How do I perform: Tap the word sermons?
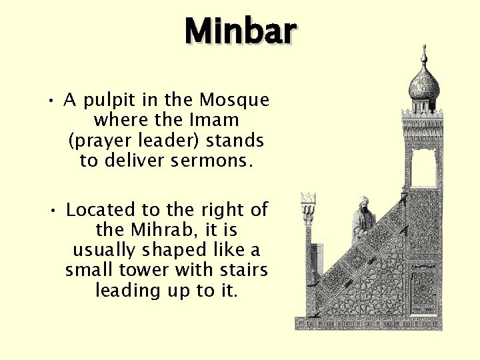217,161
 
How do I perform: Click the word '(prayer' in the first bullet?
94,141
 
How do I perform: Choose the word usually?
102,251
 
